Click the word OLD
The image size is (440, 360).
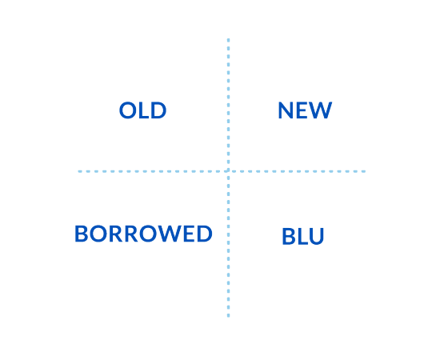(142, 110)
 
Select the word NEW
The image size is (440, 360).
(305, 110)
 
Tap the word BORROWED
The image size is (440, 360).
(143, 234)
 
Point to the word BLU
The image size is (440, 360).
(303, 236)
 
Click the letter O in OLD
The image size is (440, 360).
(128, 110)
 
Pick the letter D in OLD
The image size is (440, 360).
(159, 110)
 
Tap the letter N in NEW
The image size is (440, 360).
(286, 110)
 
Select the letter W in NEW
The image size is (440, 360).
(321, 110)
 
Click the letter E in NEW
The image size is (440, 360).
(302, 110)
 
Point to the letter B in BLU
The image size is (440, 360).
(288, 236)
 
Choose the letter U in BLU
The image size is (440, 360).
(317, 236)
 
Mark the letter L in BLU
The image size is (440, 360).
(302, 236)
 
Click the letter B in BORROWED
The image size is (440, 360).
(81, 234)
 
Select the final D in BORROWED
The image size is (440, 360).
(205, 234)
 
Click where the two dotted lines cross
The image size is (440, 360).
(228, 171)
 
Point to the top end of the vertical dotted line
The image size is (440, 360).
(228, 39)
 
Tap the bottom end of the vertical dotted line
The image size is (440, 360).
(228, 317)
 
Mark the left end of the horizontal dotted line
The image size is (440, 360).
(79, 171)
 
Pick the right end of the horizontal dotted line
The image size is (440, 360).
(364, 171)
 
